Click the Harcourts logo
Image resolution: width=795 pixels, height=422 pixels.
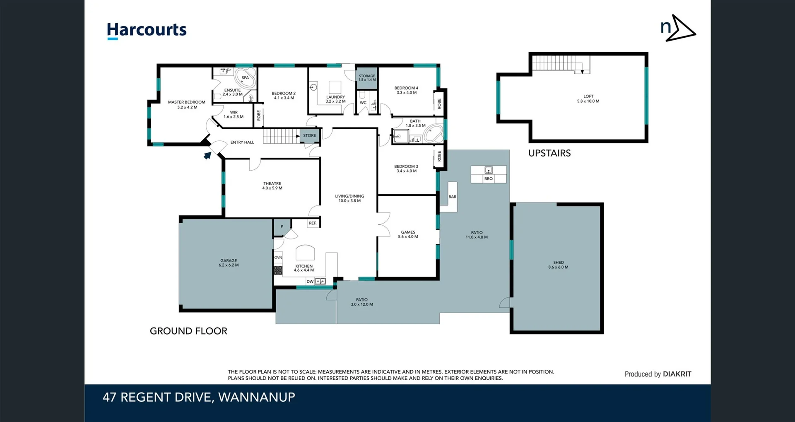coord(147,30)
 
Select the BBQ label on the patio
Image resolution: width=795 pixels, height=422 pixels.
coord(489,178)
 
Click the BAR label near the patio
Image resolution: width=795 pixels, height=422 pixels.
coord(452,197)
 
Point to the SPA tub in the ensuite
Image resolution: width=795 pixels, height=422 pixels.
coord(245,78)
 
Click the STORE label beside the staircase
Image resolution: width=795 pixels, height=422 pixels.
coord(309,135)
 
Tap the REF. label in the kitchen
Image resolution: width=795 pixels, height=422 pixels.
coord(313,223)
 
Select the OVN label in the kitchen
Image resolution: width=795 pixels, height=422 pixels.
coord(278,257)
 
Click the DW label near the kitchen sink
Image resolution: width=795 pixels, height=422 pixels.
coord(310,282)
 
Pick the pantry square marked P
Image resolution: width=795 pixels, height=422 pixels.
coord(282,227)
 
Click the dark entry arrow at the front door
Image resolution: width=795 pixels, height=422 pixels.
coord(207,155)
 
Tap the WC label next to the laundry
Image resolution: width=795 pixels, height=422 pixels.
coord(363,103)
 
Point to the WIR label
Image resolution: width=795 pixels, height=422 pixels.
coord(234,112)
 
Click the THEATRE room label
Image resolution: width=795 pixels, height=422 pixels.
coord(272,183)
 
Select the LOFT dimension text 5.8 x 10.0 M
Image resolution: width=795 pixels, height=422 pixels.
coord(588,101)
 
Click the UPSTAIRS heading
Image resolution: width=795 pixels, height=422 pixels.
coord(549,153)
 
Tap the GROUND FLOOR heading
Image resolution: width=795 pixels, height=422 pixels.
coord(188,331)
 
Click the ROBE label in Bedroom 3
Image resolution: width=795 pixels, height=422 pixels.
coord(439,156)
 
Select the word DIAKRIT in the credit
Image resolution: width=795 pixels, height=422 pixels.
coord(677,374)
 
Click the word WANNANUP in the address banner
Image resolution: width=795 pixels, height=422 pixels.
coord(256,397)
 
